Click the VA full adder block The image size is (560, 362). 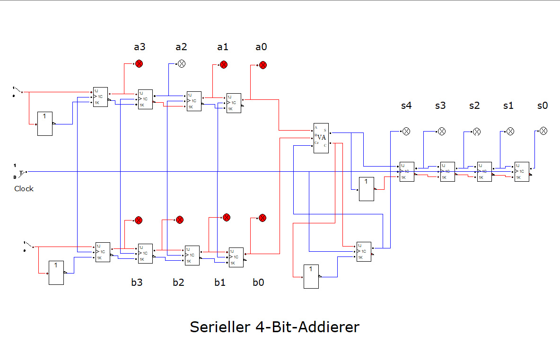click(x=321, y=138)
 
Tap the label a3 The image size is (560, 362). click(x=140, y=47)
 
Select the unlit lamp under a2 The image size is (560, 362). click(x=182, y=64)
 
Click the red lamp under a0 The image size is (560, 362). click(x=263, y=65)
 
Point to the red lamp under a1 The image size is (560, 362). click(x=224, y=65)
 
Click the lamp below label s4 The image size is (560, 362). click(x=406, y=131)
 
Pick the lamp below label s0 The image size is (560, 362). click(x=543, y=131)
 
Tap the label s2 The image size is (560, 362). click(x=474, y=106)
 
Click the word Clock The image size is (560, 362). click(x=24, y=188)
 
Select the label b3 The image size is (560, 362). click(x=137, y=283)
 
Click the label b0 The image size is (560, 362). click(x=258, y=283)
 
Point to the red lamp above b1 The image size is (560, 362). click(x=226, y=217)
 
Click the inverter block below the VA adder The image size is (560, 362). click(x=311, y=276)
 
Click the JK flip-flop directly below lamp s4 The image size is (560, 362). click(x=407, y=171)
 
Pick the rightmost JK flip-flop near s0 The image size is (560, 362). click(x=522, y=171)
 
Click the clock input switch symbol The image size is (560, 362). click(x=21, y=171)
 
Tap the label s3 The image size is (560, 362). click(x=440, y=106)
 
